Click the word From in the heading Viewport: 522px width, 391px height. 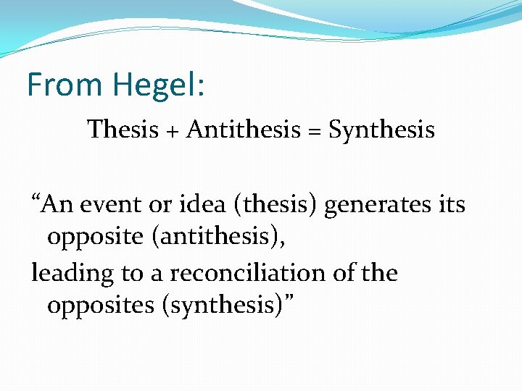point(65,85)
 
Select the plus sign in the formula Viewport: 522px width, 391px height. point(172,130)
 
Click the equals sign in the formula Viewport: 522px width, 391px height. point(315,131)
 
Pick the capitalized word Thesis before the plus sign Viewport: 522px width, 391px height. point(123,130)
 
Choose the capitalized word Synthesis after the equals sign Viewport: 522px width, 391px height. point(381,130)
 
